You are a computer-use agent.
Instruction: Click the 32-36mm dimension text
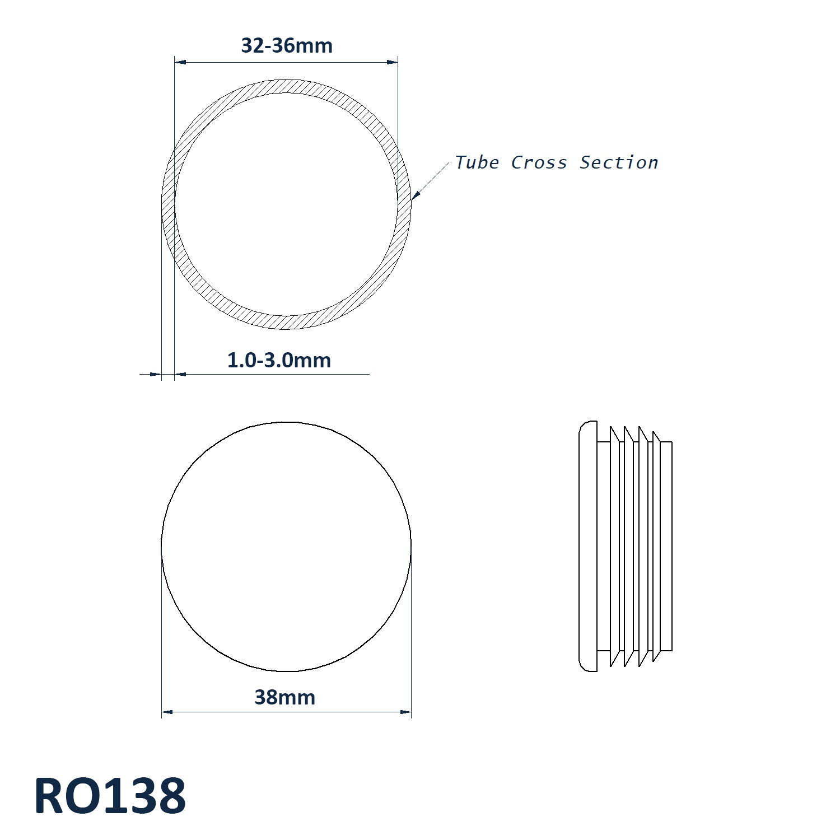[287, 45]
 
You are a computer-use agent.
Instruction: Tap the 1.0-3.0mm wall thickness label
[279, 360]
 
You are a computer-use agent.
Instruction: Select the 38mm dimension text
[285, 698]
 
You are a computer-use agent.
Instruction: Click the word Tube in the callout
[477, 162]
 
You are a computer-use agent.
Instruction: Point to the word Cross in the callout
[539, 163]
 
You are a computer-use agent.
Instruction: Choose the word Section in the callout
[619, 162]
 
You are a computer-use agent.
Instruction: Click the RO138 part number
[110, 796]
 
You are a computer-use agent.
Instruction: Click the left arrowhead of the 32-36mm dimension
[180, 62]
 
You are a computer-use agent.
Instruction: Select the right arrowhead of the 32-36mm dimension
[392, 62]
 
